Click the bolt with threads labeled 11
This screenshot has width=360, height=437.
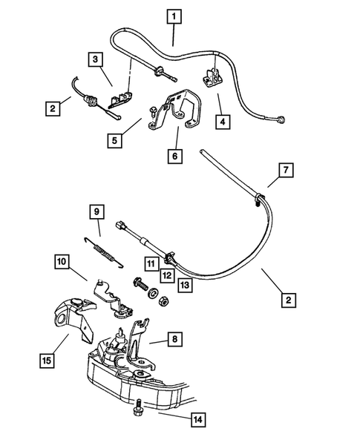[x=141, y=285]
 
